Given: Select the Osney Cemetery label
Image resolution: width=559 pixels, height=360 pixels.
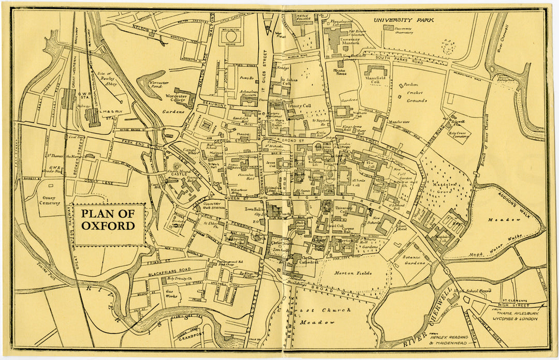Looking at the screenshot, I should pyautogui.click(x=51, y=200).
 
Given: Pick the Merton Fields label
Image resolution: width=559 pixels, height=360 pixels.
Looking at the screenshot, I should pyautogui.click(x=353, y=273).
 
